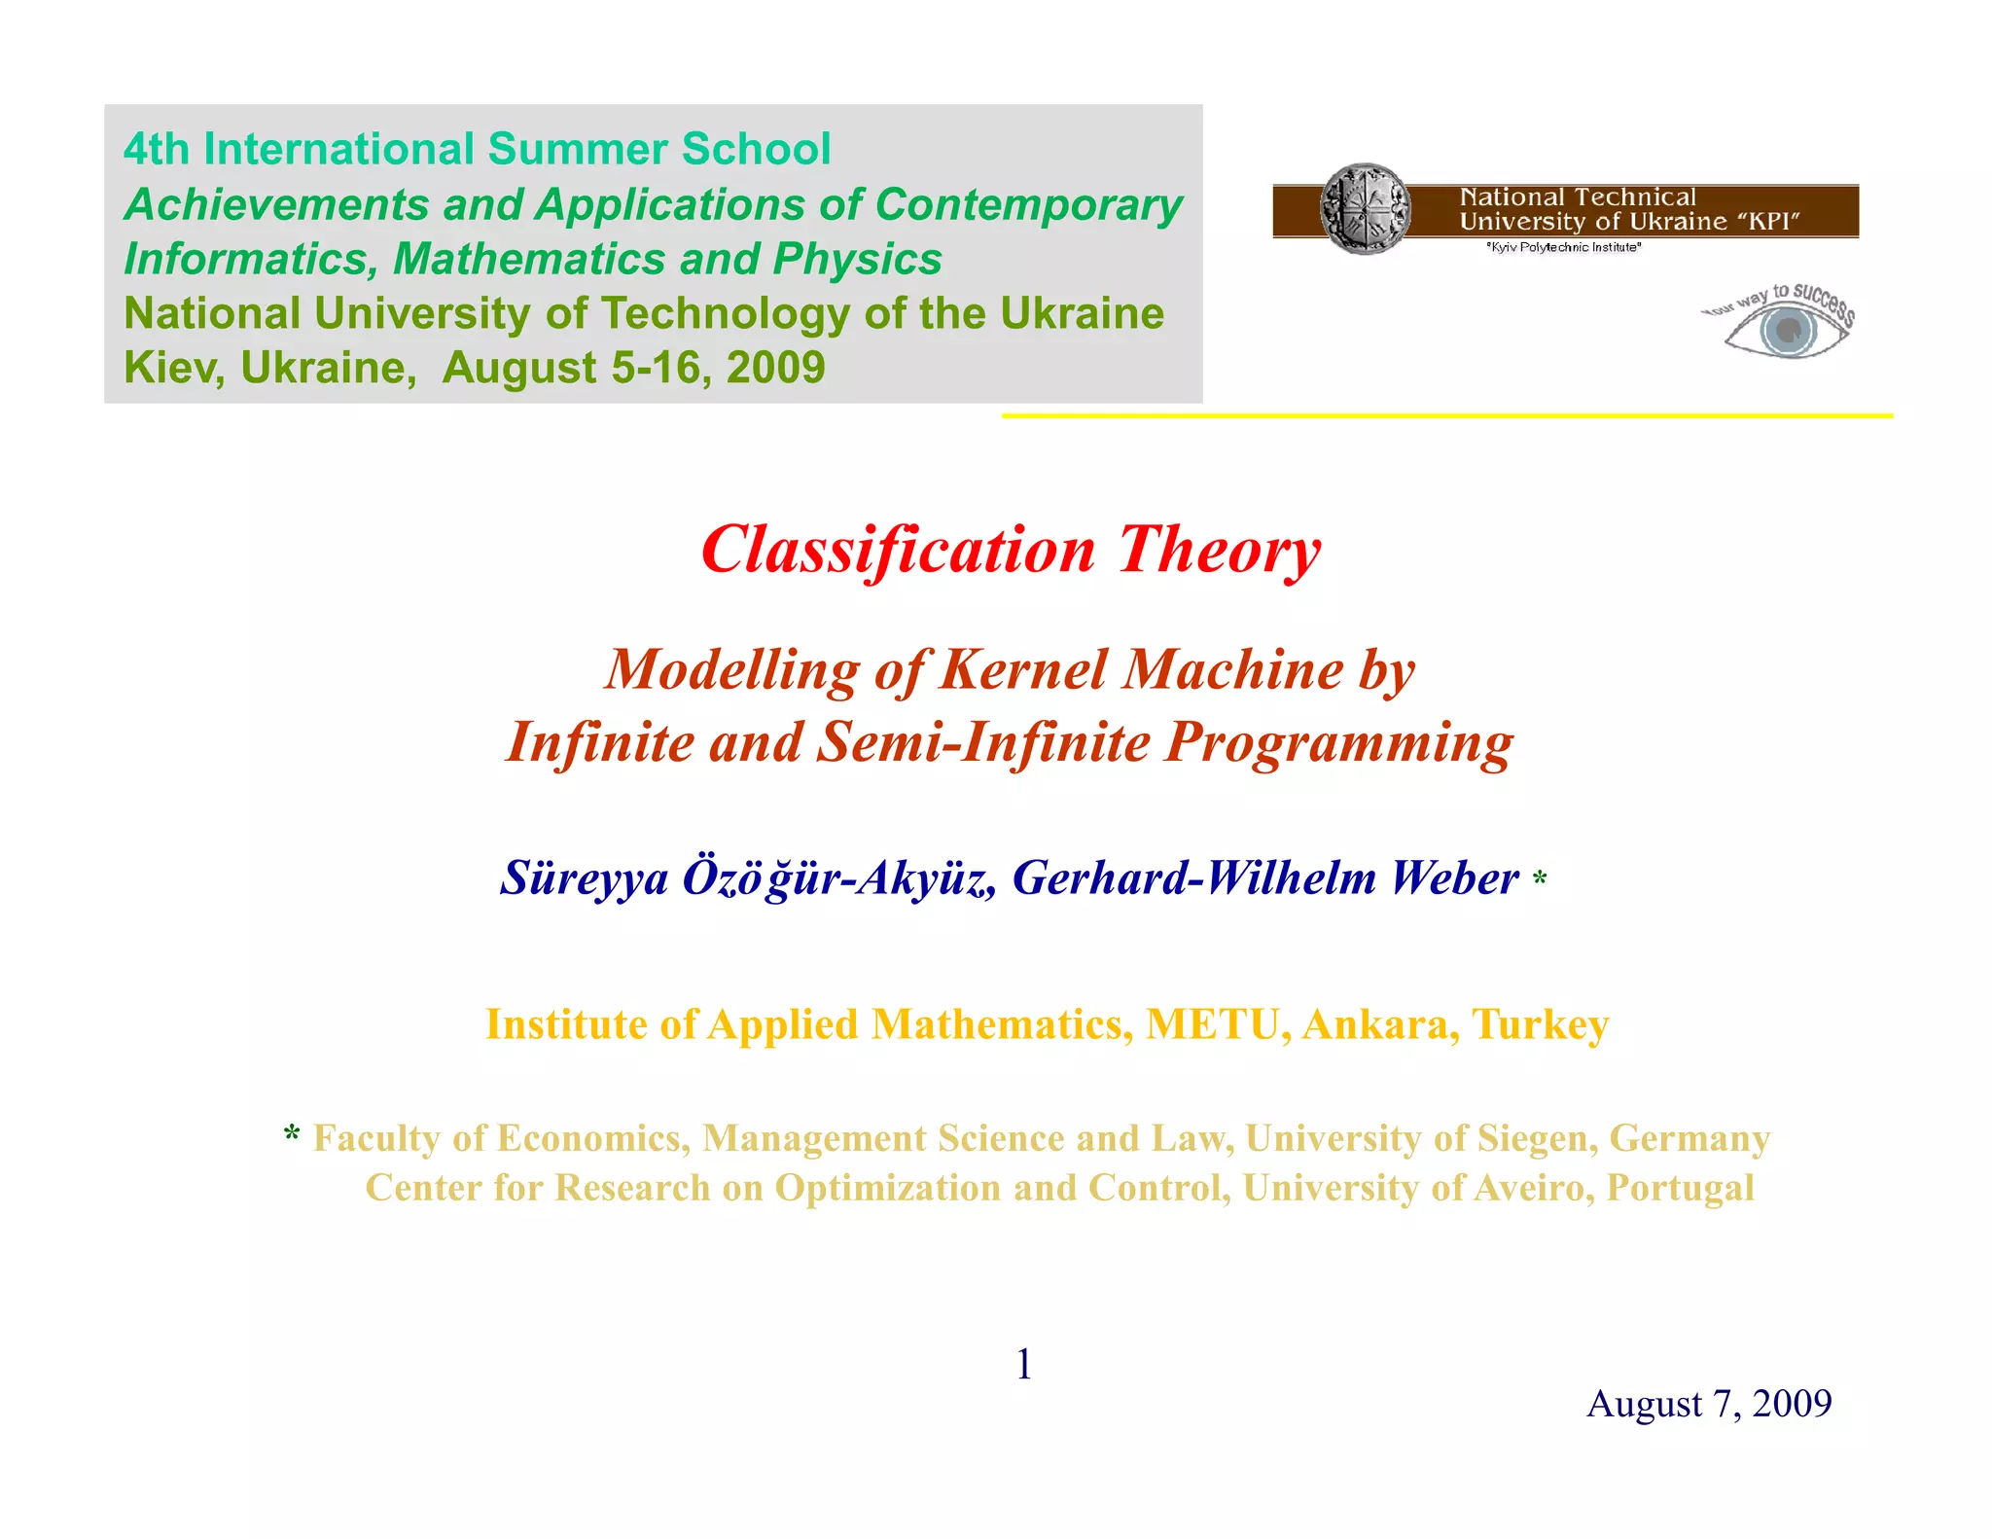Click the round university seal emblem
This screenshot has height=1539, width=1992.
[1365, 209]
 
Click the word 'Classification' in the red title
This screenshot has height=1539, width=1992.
[898, 550]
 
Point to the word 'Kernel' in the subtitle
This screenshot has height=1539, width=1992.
[1023, 670]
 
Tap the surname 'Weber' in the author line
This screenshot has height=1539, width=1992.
[1454, 877]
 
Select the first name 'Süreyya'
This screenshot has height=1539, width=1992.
[585, 877]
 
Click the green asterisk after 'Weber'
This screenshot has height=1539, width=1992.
[1540, 881]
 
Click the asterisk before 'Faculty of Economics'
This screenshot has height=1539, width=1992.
[292, 1135]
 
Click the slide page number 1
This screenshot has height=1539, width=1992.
[1023, 1365]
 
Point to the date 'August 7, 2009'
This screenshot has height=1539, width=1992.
[1709, 1404]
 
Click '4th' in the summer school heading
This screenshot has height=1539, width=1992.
[156, 150]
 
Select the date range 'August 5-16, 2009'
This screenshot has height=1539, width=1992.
[633, 369]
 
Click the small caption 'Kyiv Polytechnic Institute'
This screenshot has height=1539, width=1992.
[1563, 248]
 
